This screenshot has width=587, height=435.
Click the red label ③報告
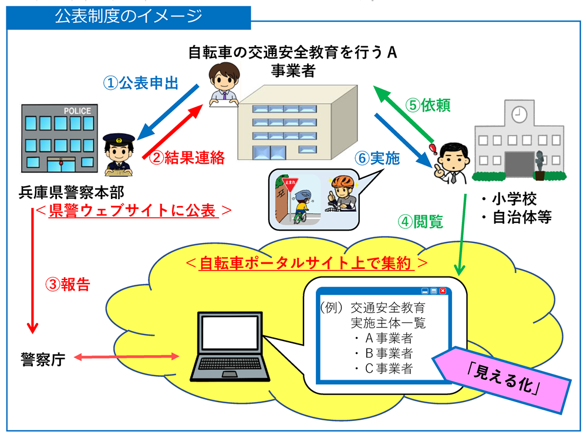click(68, 284)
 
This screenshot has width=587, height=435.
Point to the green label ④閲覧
click(419, 222)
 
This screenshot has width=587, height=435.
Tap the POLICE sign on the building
click(77, 112)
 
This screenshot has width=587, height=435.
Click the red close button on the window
click(443, 291)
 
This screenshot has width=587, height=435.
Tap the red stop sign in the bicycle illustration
click(289, 183)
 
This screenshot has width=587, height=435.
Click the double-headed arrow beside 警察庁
click(126, 357)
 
